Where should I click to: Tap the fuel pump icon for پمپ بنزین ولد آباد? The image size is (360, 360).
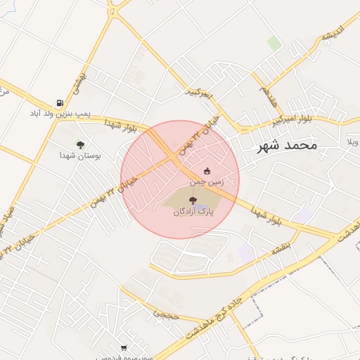(x=60, y=103)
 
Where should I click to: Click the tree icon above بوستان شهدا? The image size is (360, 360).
(x=80, y=145)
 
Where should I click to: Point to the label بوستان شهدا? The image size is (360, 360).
(x=80, y=156)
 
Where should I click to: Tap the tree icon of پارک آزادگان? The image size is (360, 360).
(x=193, y=200)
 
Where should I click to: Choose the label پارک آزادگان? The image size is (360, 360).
(x=193, y=211)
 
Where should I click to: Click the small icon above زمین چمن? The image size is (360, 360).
(x=207, y=171)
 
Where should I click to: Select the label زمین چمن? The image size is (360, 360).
(x=207, y=181)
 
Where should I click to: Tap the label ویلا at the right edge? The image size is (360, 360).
(x=351, y=143)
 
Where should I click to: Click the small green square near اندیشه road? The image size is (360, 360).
(x=274, y=43)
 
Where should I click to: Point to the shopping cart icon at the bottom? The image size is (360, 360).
(x=124, y=347)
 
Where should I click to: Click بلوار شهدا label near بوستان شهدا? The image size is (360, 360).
(x=120, y=126)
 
